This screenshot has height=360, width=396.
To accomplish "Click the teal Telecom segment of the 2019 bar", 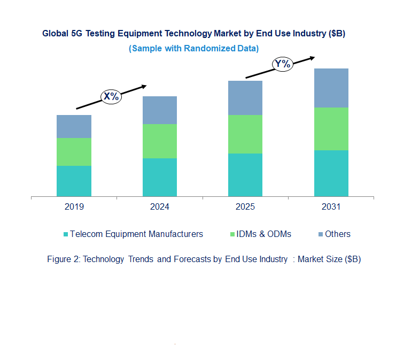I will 74,181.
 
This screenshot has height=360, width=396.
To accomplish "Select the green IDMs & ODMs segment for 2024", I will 160,141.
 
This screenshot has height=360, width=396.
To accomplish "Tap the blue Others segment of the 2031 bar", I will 331,88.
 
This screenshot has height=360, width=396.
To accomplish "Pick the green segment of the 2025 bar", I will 245,134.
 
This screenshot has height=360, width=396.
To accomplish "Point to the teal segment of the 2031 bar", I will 331,173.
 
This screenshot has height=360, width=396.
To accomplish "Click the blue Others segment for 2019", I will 74,126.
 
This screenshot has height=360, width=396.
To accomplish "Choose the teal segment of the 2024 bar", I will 160,177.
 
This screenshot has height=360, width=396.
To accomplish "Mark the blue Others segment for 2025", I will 245,97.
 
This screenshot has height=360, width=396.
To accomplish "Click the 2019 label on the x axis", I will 74,207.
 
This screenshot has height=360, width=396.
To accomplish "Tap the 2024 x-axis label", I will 160,207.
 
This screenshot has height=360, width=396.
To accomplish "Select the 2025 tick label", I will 245,207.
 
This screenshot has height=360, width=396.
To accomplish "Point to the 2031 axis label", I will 331,207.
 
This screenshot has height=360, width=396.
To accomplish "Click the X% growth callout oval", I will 111,96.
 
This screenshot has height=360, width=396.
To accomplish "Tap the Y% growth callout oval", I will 282,64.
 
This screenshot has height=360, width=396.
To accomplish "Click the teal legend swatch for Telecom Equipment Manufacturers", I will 66,234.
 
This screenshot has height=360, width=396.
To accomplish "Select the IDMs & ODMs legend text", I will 264,234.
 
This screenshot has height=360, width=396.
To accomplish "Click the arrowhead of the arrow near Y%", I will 313,56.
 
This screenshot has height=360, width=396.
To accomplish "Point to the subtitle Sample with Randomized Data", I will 193,48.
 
